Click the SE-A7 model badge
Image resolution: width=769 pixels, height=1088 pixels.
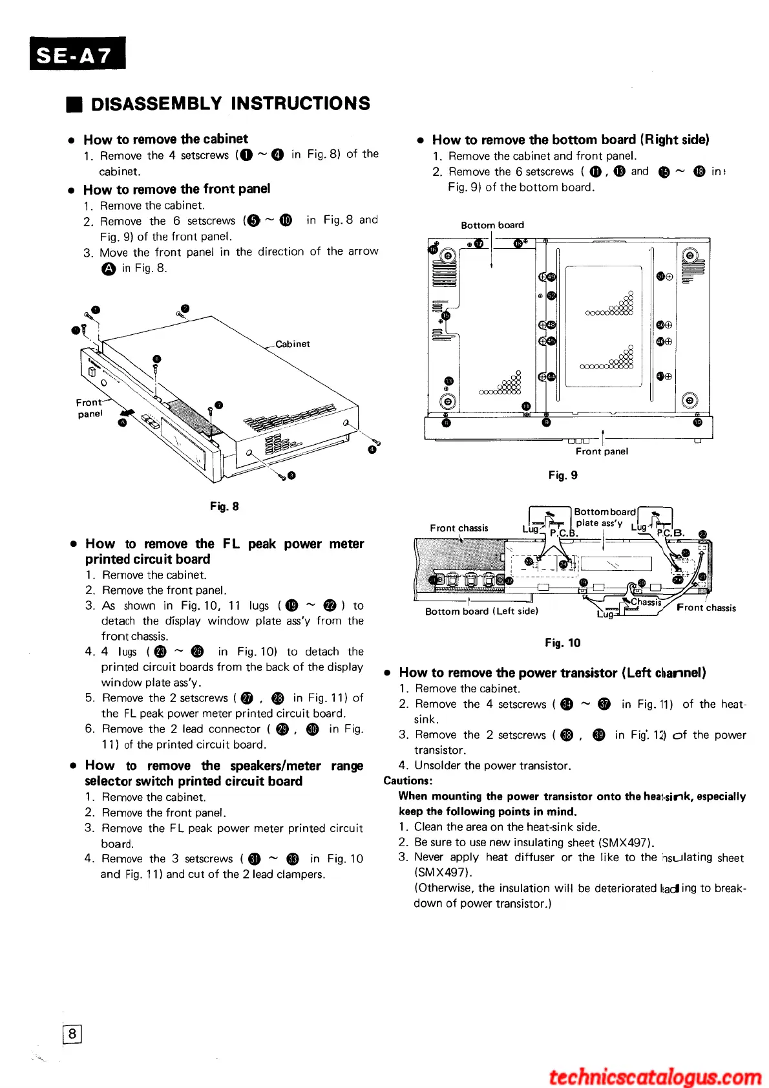(x=77, y=54)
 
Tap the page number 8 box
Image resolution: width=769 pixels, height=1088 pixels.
(x=72, y=1034)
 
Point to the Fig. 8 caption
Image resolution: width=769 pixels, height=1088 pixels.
(x=224, y=506)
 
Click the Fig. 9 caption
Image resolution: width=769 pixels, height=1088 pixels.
(x=563, y=475)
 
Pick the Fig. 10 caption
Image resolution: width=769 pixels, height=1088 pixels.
(x=562, y=643)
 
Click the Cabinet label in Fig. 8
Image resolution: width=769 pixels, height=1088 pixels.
(x=293, y=344)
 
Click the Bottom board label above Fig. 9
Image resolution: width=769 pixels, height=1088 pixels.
(x=492, y=225)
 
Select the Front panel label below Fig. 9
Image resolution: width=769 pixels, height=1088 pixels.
(x=602, y=451)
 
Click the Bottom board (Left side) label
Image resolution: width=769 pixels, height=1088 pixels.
(x=481, y=611)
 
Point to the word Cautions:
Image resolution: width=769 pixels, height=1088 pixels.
(x=408, y=781)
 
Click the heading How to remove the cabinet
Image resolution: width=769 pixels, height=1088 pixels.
(x=165, y=139)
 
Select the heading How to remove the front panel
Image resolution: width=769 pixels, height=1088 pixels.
(x=176, y=189)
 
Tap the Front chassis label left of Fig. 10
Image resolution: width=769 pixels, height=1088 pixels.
(x=459, y=528)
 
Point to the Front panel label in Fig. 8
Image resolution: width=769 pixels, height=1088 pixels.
(x=90, y=408)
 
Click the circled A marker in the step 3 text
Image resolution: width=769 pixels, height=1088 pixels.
(x=108, y=269)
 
